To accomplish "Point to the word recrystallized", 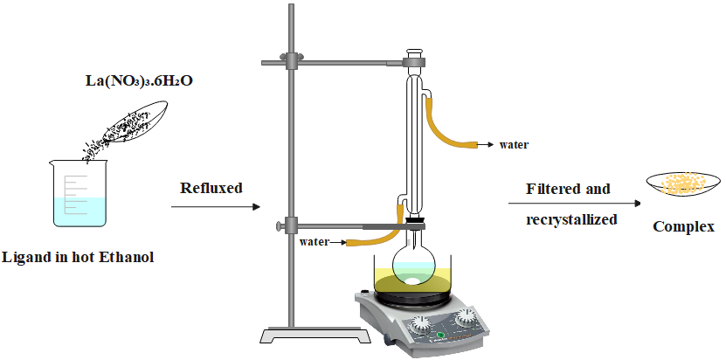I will click(571, 219).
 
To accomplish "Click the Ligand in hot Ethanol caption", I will click(79, 258).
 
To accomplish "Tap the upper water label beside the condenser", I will click(514, 144).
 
